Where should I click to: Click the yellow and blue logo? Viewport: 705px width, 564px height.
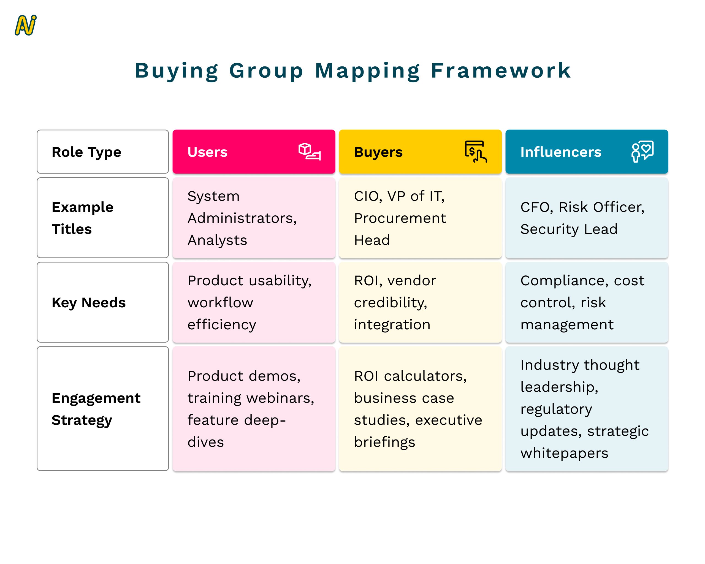click(x=26, y=25)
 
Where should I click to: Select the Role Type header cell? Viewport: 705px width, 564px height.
click(x=103, y=152)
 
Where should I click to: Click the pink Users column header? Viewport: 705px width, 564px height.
click(x=254, y=152)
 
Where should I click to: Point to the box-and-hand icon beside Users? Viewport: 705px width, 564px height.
click(x=309, y=152)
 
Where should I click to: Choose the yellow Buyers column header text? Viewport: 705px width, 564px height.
click(x=378, y=152)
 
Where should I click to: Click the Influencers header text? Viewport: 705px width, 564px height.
click(x=561, y=152)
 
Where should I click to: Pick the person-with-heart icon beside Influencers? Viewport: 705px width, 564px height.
click(x=642, y=152)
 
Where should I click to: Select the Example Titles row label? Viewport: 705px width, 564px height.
click(x=82, y=218)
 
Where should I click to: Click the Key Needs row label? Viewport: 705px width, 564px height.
click(x=89, y=303)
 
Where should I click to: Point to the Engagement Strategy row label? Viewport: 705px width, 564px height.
click(x=96, y=409)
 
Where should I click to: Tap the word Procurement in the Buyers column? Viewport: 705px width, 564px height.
click(x=400, y=218)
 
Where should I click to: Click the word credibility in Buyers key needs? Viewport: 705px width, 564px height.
click(x=391, y=303)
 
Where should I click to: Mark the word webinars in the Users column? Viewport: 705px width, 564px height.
click(x=281, y=398)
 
